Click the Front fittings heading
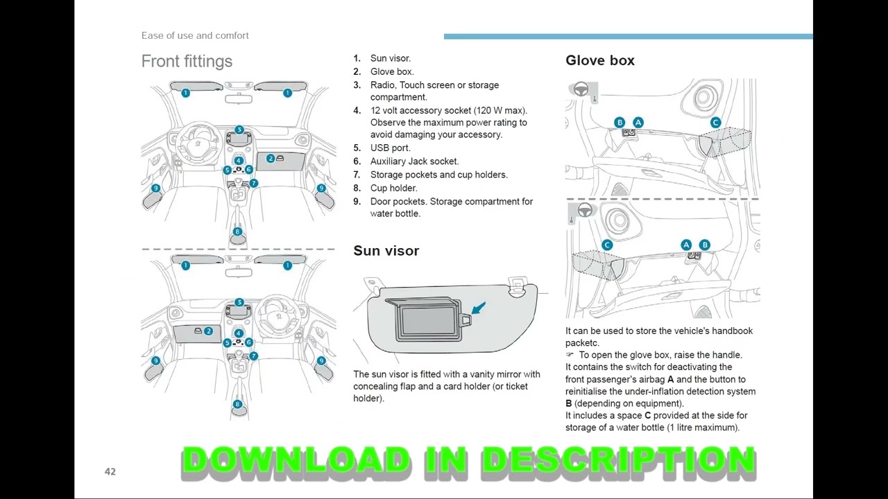point(187,61)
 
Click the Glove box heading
point(599,60)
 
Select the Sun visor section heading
point(386,251)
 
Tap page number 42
point(110,471)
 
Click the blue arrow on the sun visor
point(478,308)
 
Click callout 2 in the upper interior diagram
point(271,159)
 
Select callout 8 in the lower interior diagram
point(237,404)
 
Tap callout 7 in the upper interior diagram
point(254,183)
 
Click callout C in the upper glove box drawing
point(715,123)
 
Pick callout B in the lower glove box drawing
point(704,245)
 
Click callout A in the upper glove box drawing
point(638,123)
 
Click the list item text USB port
point(390,148)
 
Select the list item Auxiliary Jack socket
point(414,161)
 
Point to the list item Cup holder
point(393,188)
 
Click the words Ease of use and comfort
point(195,35)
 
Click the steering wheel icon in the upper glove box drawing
point(581,89)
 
